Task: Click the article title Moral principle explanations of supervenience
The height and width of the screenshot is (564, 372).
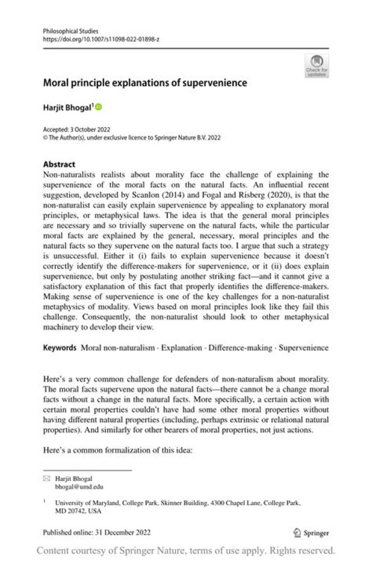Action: [x=145, y=83]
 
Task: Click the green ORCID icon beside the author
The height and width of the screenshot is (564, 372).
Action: [x=99, y=107]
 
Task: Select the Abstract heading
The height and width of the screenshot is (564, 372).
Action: [x=59, y=165]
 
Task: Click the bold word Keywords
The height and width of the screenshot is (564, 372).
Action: [x=60, y=348]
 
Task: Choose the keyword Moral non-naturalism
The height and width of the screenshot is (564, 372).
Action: [x=118, y=348]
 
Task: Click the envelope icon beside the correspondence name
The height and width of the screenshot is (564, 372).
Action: [x=46, y=479]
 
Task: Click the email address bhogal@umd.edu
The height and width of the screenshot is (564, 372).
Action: [x=74, y=487]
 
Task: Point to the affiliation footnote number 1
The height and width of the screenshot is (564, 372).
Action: [x=44, y=501]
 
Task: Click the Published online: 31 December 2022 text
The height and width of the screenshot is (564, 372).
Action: [x=97, y=532]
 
